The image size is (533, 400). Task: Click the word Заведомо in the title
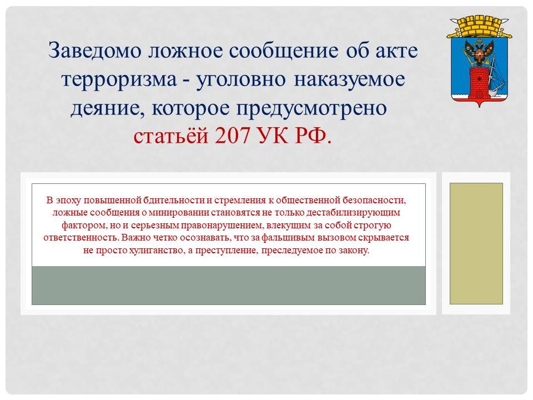95,51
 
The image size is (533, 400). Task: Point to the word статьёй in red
170,136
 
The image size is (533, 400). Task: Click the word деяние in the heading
108,109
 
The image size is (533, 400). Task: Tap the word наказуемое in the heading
349,79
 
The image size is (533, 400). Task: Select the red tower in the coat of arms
479,83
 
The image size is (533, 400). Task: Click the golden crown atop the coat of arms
479,27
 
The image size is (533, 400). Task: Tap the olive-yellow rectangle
476,243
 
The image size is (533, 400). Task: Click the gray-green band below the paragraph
228,286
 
